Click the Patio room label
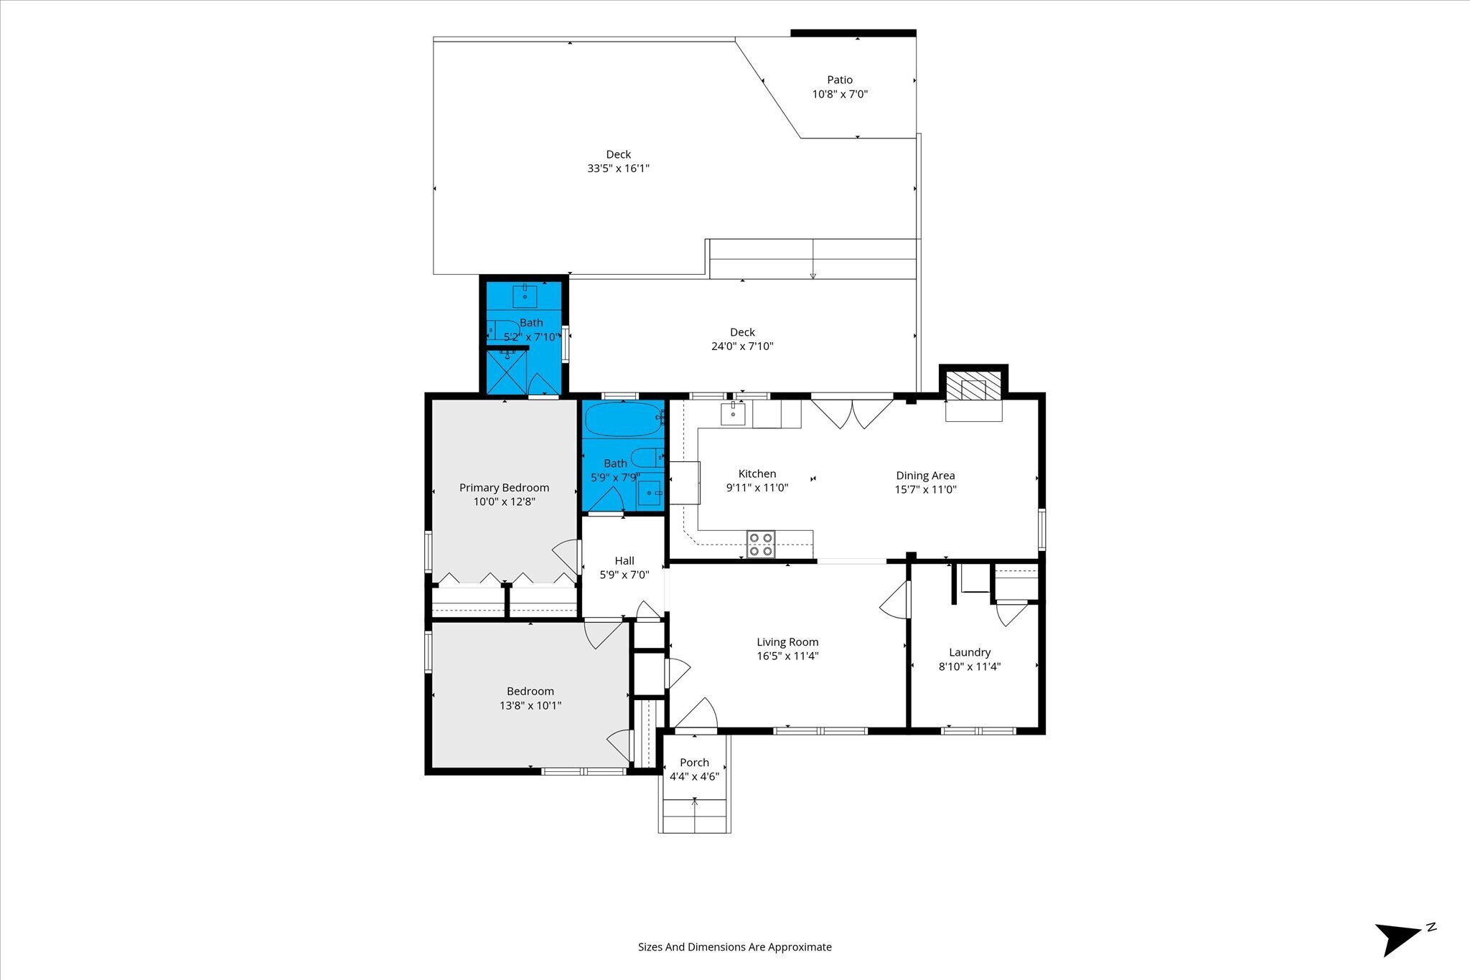click(840, 80)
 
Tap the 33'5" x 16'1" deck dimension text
click(618, 169)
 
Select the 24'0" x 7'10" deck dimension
click(742, 346)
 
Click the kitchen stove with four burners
click(761, 544)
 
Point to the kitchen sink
click(733, 414)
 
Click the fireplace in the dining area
click(974, 395)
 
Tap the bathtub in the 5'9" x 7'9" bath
click(622, 419)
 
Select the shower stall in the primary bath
click(507, 371)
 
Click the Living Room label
click(787, 642)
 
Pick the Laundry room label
click(970, 652)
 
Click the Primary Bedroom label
click(504, 488)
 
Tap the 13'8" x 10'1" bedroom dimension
click(530, 705)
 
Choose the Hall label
click(624, 560)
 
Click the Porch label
click(694, 762)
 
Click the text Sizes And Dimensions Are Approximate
click(735, 947)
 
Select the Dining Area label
click(925, 475)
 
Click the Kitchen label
click(757, 473)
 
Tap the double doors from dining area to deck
click(852, 412)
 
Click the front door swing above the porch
click(696, 714)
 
